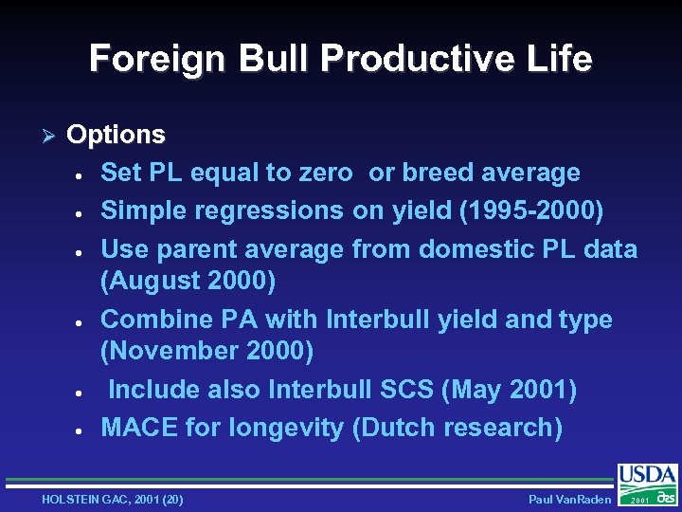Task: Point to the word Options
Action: [116, 135]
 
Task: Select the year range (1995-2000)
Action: [530, 210]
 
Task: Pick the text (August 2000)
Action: [188, 282]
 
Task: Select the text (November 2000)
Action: [206, 351]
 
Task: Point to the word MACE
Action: [139, 428]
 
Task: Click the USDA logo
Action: [648, 483]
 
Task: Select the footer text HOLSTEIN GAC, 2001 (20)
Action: [113, 499]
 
